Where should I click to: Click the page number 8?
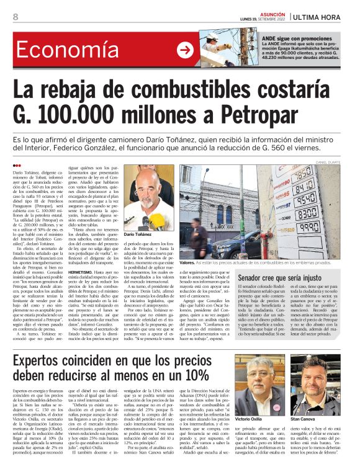click(16, 17)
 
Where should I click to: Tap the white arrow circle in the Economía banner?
click(184, 51)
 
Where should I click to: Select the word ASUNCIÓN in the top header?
click(271, 12)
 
